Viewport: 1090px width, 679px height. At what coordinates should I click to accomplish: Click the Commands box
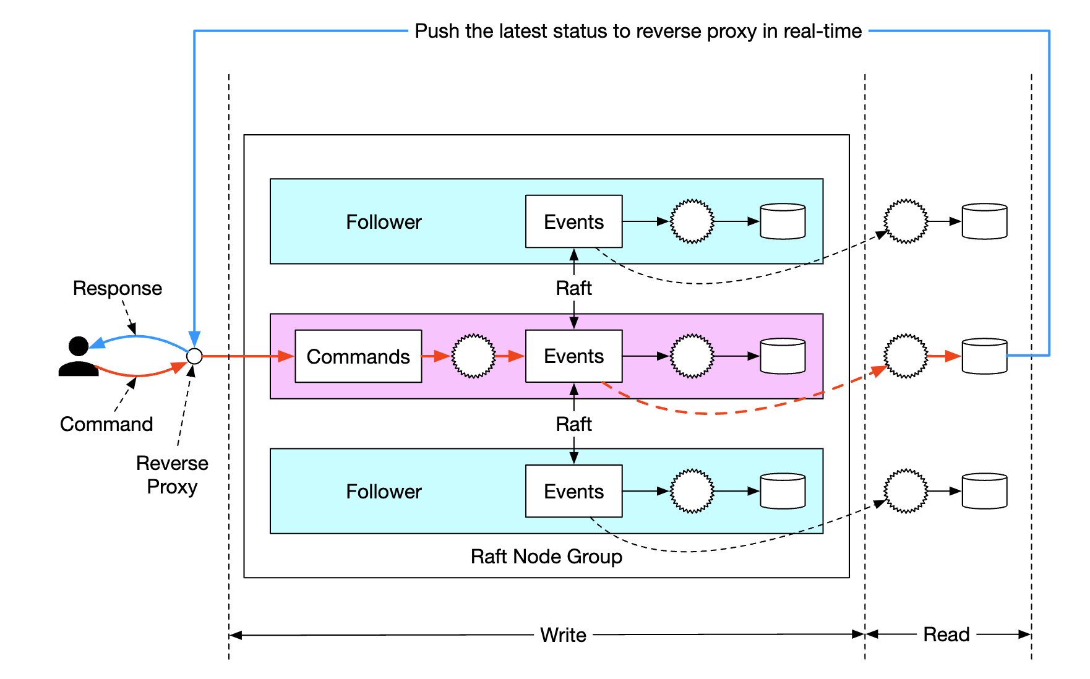[x=358, y=356]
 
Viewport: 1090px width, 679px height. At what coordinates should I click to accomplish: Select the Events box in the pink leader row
[x=573, y=356]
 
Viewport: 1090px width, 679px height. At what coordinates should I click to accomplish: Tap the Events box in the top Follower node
[x=573, y=221]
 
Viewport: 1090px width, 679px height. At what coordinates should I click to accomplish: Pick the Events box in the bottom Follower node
[x=573, y=491]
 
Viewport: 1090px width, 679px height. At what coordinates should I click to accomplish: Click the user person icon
[x=79, y=357]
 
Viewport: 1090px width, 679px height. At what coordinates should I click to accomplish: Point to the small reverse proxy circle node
[x=194, y=356]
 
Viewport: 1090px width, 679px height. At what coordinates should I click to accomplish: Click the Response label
[x=118, y=288]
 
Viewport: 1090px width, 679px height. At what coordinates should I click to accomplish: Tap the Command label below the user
[x=106, y=424]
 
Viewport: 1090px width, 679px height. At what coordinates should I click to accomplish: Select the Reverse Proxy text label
[x=172, y=474]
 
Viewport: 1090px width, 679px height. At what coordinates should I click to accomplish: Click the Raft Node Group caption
[x=546, y=557]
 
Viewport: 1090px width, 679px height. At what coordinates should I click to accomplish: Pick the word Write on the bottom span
[x=563, y=635]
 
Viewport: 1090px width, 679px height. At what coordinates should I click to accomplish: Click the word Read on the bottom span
[x=946, y=634]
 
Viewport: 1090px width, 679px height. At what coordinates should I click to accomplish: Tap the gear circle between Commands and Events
[x=473, y=356]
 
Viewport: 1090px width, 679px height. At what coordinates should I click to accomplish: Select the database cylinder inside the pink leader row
[x=783, y=356]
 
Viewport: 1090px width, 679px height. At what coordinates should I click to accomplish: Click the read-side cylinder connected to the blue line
[x=984, y=356]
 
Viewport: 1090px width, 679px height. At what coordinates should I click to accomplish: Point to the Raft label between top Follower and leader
[x=573, y=288]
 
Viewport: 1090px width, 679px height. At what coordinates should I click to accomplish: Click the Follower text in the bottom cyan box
[x=384, y=492]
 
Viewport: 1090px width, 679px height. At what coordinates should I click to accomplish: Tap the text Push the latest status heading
[x=638, y=31]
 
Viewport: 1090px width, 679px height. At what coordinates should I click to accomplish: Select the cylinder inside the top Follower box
[x=783, y=221]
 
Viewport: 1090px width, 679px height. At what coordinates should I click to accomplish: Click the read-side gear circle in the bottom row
[x=906, y=491]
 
